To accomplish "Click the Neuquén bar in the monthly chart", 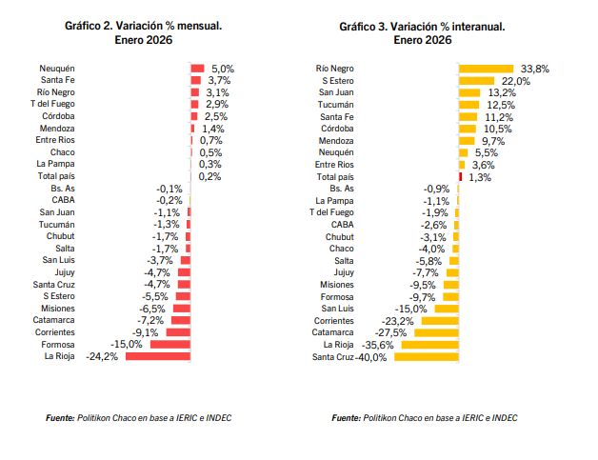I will click(x=198, y=68).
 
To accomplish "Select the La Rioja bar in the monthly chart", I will click(x=159, y=356).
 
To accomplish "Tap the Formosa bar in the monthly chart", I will click(x=170, y=344).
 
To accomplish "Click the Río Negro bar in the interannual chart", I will click(x=487, y=69).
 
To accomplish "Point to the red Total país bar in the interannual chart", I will click(x=461, y=176).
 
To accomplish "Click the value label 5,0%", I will click(x=222, y=69).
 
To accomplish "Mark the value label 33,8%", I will click(x=535, y=69).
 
